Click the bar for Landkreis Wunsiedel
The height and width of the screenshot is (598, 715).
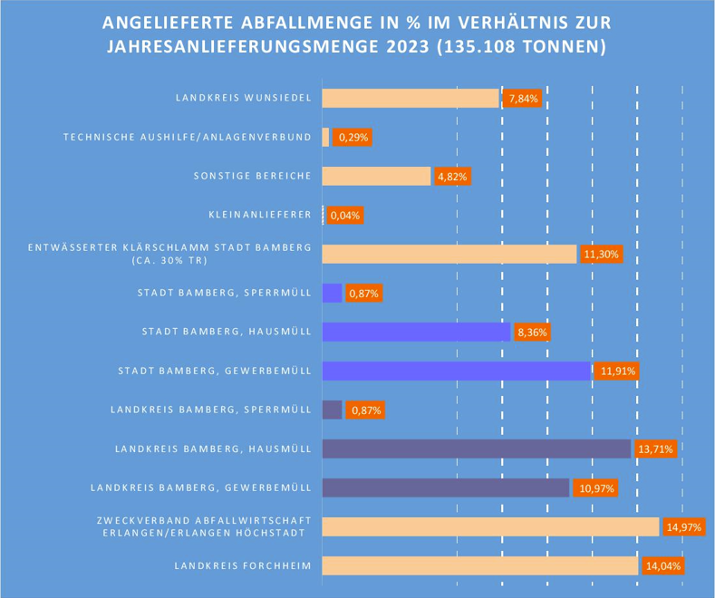411,99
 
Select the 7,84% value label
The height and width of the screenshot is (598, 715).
524,99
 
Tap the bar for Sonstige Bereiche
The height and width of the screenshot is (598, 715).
376,177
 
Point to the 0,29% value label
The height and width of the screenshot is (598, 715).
353,138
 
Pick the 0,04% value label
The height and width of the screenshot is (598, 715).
345,216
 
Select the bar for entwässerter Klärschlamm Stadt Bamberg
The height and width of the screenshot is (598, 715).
449,255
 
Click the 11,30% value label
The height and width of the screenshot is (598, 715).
601,255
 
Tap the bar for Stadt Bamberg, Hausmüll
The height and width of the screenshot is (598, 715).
416,333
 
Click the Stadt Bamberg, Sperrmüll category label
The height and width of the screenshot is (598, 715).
225,294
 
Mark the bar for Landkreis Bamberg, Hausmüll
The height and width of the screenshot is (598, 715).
476,448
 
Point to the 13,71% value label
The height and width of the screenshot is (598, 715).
655,448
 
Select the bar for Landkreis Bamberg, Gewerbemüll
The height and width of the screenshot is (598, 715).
445,487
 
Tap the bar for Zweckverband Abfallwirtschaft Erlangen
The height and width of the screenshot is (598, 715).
490,526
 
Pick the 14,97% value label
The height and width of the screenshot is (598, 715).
683,526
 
